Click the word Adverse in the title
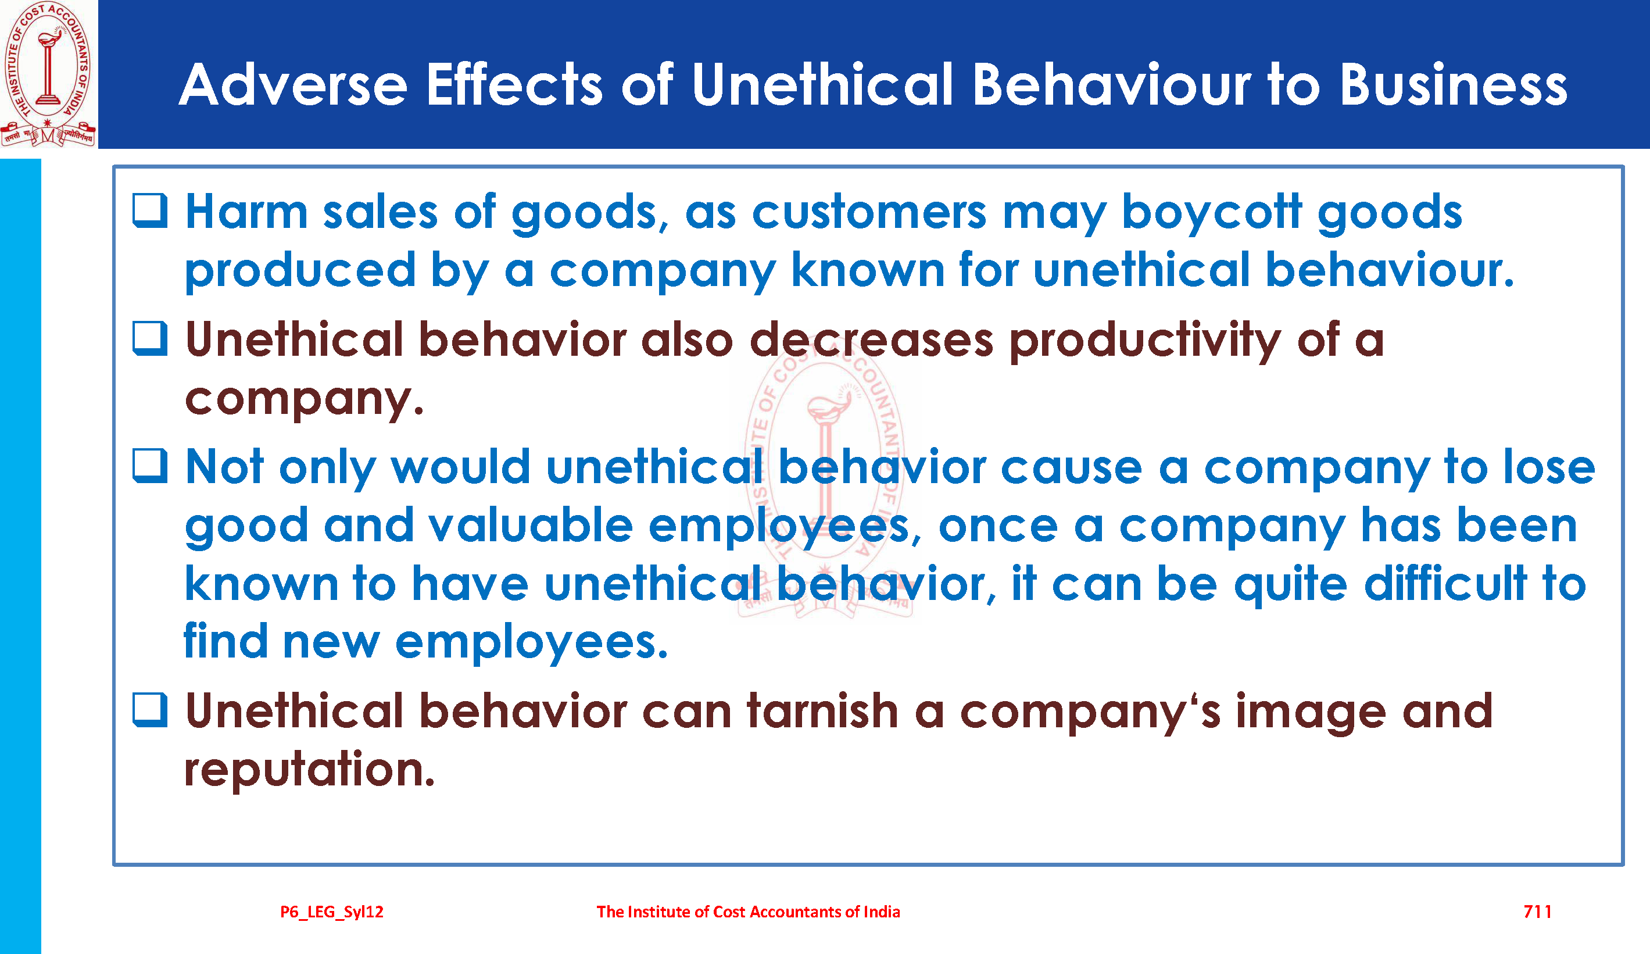point(294,84)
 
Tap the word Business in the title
point(1454,84)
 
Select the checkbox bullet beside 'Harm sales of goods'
point(150,210)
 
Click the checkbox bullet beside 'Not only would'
point(150,466)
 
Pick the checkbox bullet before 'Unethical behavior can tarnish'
point(150,710)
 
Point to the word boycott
point(1211,212)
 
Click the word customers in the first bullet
point(869,212)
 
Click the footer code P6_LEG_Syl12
point(332,912)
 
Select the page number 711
point(1537,912)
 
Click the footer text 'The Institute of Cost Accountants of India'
point(749,912)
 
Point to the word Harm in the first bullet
point(247,212)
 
